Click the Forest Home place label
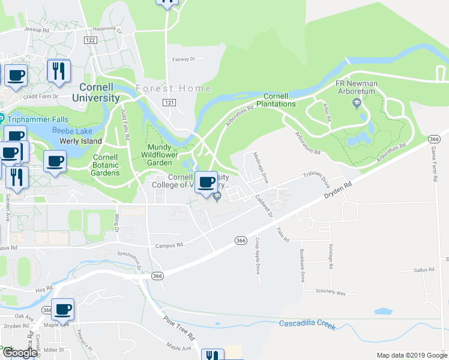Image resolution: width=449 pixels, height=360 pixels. coord(173,88)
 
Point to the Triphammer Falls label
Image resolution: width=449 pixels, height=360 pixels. coord(37,119)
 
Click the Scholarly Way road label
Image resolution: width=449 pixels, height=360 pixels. coord(331,293)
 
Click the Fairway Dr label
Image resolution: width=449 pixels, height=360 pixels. coord(184,59)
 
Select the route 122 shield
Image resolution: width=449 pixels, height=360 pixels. coord(91,40)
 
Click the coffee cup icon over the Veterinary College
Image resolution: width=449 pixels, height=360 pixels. coord(206,182)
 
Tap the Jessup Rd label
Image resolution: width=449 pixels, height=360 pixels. coord(36,29)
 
